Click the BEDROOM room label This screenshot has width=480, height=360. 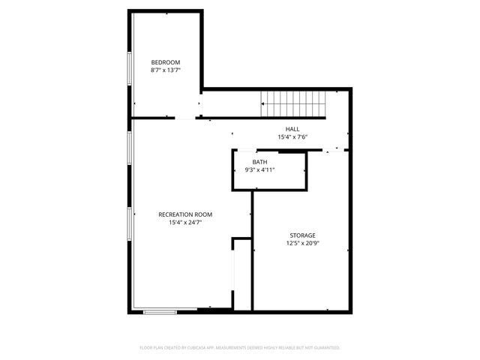166,62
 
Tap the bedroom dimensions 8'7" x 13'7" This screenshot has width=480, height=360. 166,70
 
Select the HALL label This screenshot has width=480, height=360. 293,130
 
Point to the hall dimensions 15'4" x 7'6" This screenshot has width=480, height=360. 293,137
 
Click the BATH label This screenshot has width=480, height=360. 259,162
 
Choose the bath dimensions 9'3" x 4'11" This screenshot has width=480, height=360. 261,170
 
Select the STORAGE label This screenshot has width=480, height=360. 303,235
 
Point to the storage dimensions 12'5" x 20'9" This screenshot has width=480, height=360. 303,243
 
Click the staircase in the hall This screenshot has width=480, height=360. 295,103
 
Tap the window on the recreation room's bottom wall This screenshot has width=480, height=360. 160,310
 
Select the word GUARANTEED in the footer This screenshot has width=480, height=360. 328,348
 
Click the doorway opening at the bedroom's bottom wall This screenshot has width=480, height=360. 185,118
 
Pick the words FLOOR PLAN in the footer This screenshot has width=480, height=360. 151,348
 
